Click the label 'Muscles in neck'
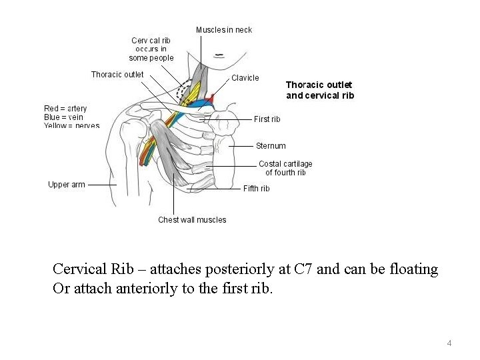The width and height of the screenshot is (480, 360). coord(224,30)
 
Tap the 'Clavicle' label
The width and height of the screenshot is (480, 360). coord(245,78)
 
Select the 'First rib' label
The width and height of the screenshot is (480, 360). coord(267,119)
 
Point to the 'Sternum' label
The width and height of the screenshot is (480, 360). coord(271,146)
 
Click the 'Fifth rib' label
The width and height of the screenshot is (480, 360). coord(256,189)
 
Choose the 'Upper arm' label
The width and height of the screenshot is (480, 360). coord(67,185)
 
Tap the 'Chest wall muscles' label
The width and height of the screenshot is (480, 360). coord(192,220)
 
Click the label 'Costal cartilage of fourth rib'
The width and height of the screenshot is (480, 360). coord(285,168)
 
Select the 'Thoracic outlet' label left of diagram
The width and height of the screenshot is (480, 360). coord(117,75)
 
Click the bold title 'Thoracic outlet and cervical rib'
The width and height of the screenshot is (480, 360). coord(320,90)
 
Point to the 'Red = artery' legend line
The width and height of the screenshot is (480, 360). coord(65,109)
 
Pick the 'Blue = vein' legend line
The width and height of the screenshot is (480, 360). coord(63,117)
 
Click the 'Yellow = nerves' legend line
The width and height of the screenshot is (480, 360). coord(71,125)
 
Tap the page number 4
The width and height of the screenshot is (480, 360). coord(449,343)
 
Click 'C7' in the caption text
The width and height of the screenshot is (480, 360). coord(303,270)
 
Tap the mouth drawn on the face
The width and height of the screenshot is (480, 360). coord(219,54)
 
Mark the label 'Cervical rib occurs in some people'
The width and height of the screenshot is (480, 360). coord(151,49)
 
